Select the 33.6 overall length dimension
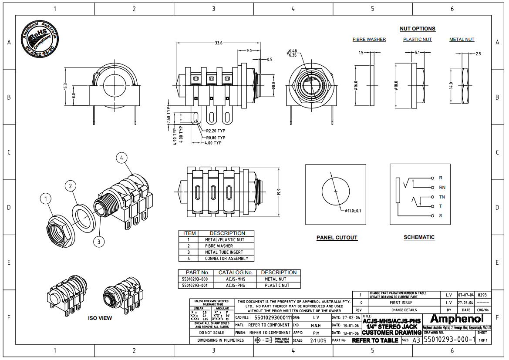(219, 43)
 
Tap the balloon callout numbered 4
(122, 158)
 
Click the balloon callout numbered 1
(45, 199)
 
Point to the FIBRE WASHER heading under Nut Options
(369, 40)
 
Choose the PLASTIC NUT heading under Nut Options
(417, 40)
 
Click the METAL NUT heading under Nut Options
(462, 40)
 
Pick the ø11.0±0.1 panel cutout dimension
(353, 211)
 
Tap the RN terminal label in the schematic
(442, 188)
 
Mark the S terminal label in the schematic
(441, 216)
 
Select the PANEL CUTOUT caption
(337, 238)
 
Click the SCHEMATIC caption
(419, 237)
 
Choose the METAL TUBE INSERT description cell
(225, 252)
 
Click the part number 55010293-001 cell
(196, 286)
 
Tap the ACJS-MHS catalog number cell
(236, 279)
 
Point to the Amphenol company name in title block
(456, 319)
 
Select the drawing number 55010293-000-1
(449, 340)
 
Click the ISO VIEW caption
(100, 318)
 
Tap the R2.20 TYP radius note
(216, 131)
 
